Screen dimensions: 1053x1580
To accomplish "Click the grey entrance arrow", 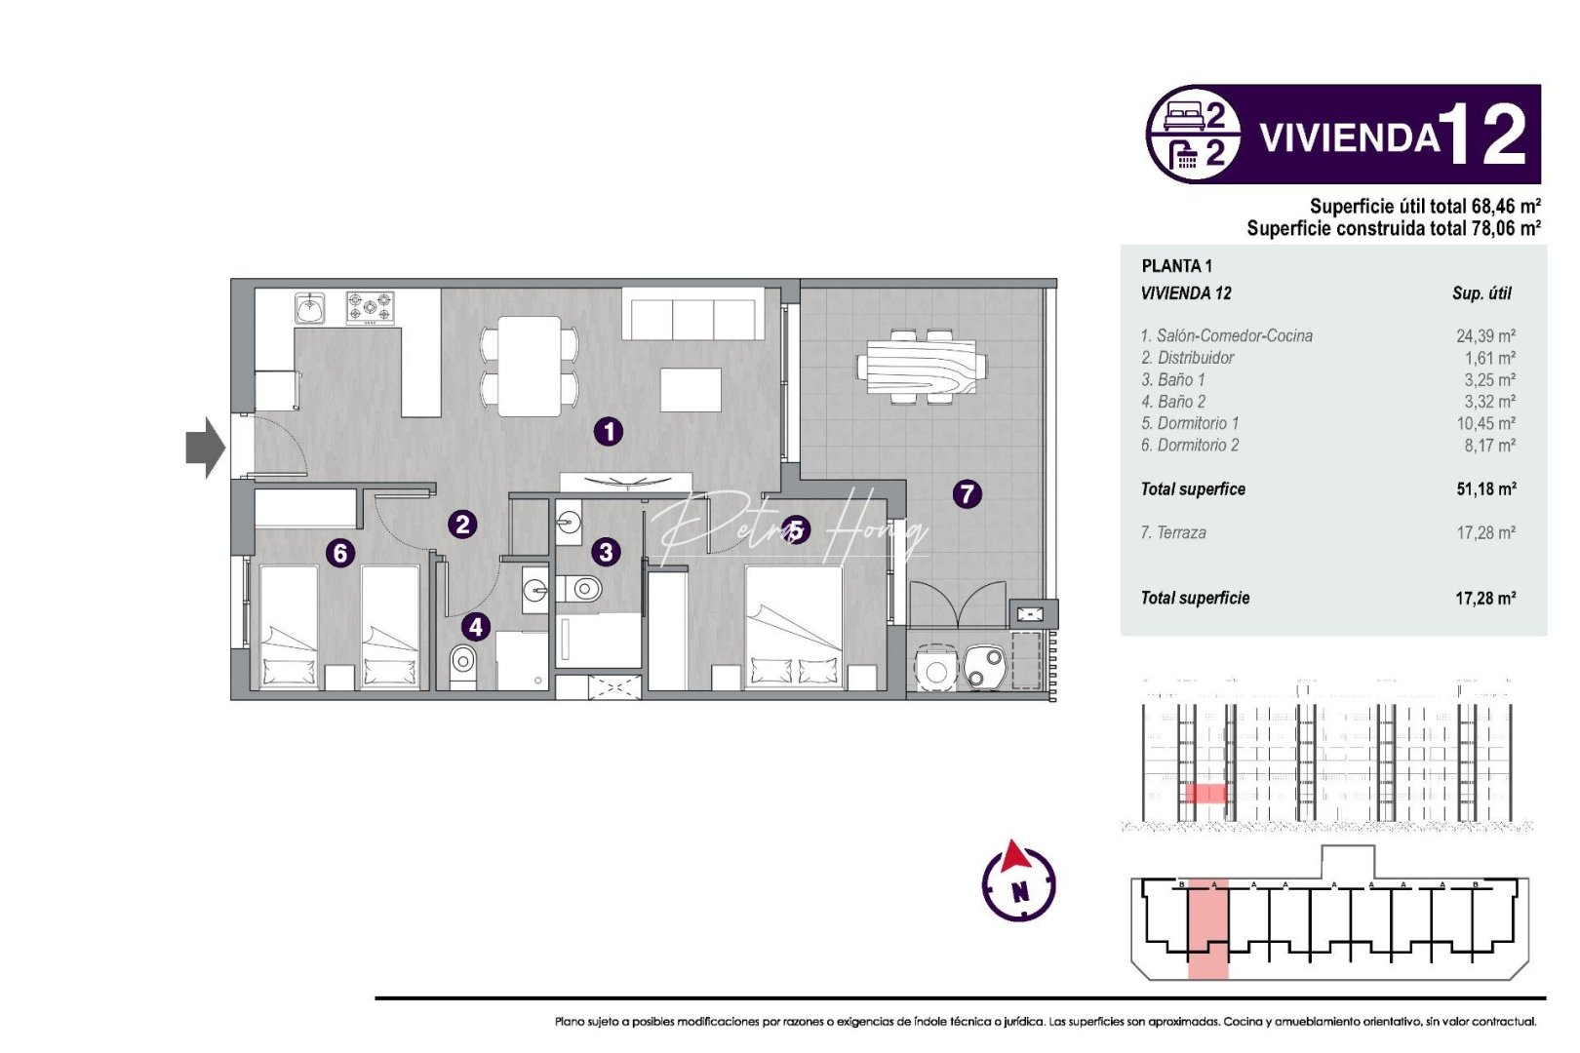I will [x=205, y=448].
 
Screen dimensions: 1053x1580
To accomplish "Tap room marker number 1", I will [x=609, y=431].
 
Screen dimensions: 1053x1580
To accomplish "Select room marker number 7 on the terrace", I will [x=967, y=493].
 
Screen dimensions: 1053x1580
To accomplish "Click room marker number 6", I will [x=340, y=553].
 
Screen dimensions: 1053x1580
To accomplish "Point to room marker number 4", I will [x=475, y=626].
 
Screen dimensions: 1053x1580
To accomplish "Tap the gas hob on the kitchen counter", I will [x=371, y=308].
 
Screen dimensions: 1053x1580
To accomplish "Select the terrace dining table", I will [x=922, y=367].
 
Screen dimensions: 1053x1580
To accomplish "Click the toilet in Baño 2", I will [x=463, y=666].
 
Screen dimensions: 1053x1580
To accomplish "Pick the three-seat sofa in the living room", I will [x=692, y=317].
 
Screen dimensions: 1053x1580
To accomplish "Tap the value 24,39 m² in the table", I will [x=1485, y=335].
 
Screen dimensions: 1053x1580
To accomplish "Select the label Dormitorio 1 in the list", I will [x=1190, y=423].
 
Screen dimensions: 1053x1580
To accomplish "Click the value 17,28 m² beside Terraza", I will [x=1485, y=532].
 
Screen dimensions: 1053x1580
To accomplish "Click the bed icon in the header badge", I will [x=1184, y=117].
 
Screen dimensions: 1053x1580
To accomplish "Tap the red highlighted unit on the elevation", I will [x=1206, y=793].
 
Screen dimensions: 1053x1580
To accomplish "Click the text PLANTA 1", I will [x=1176, y=265].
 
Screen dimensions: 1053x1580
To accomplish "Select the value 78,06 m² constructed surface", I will [x=1505, y=228].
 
